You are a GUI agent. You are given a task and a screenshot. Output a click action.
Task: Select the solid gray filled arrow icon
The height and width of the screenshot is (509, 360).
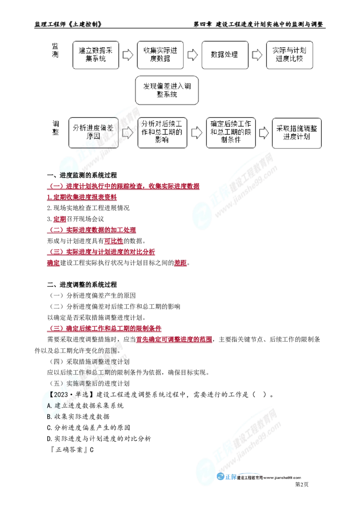click(257, 55)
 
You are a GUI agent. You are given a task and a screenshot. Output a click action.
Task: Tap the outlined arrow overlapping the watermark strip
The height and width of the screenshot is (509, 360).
click(128, 133)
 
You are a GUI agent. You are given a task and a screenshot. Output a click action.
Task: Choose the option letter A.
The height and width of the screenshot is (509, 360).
click(49, 405)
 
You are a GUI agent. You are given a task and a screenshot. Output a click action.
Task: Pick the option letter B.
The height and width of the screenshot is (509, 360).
click(49, 416)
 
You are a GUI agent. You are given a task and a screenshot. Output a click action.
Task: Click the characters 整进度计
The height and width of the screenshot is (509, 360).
click(112, 362)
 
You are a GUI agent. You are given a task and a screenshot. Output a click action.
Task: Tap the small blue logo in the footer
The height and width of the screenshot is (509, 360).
click(226, 478)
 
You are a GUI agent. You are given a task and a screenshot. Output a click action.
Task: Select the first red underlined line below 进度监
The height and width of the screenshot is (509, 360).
click(123, 186)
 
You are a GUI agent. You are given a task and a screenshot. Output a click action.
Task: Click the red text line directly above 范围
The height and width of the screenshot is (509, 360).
click(174, 340)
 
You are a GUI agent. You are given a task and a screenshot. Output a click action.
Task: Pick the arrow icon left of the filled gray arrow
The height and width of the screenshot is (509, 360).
click(193, 55)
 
